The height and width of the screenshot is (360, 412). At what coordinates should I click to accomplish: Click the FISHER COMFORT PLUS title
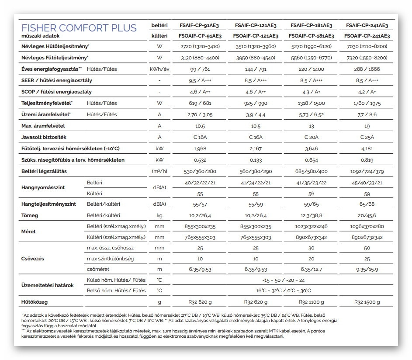click(79, 28)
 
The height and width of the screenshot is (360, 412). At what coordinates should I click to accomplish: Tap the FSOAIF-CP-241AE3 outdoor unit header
click(367, 36)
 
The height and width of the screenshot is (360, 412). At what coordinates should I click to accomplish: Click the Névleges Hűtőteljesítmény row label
click(55, 46)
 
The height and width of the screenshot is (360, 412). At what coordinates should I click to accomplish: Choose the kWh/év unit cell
click(159, 69)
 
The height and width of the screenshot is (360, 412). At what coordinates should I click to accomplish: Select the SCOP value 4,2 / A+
click(367, 92)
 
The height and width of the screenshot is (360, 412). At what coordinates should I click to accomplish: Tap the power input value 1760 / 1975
click(367, 103)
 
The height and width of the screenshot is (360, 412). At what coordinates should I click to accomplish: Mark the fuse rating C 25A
click(367, 137)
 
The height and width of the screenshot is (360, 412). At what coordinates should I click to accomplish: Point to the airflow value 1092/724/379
click(367, 171)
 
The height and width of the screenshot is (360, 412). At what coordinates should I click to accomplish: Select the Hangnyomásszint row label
click(43, 187)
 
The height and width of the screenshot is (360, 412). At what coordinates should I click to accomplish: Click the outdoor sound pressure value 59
click(367, 193)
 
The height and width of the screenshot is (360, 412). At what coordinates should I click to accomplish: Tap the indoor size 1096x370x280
click(367, 226)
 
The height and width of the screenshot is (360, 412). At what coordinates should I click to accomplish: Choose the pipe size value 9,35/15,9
click(367, 269)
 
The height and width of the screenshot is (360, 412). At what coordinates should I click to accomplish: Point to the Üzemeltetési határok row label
click(48, 285)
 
